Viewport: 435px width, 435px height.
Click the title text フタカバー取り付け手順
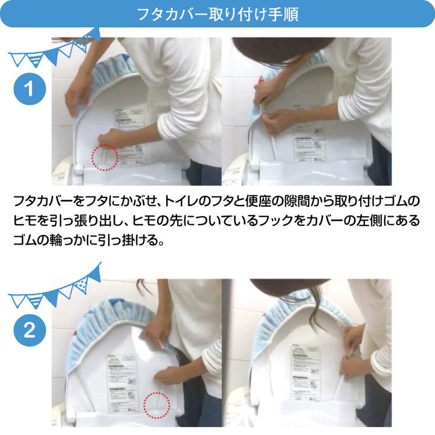click(217, 13)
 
